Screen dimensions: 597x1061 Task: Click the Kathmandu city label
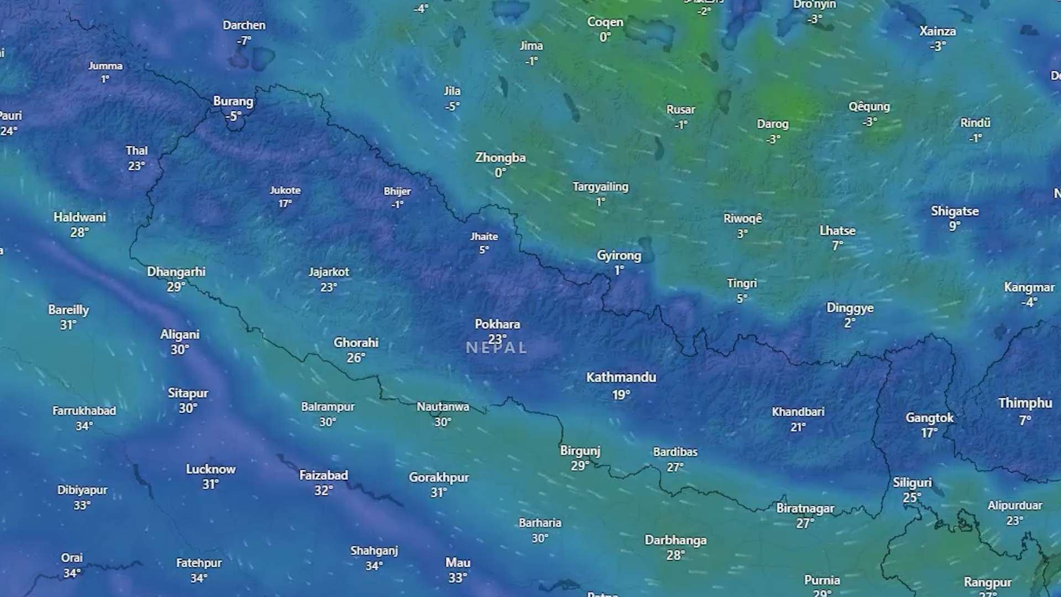[x=621, y=378]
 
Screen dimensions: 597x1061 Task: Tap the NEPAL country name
[x=496, y=348]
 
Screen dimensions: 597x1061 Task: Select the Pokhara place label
[x=497, y=324]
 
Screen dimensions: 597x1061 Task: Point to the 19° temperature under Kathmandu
[x=621, y=395]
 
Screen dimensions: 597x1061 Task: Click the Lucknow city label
[x=211, y=469]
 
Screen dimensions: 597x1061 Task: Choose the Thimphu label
[x=1025, y=403]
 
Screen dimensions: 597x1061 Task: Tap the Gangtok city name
[x=929, y=418]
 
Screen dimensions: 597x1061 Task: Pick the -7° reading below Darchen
[x=244, y=40]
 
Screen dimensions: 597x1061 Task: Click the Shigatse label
[x=954, y=211]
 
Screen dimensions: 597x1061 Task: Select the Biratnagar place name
[x=805, y=509]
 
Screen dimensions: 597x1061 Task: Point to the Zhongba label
[x=500, y=158]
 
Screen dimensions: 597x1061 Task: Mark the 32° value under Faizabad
[x=323, y=490]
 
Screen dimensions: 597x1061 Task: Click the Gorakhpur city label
[x=439, y=478]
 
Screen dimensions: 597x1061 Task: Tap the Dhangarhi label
[x=176, y=272]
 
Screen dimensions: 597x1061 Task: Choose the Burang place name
[x=233, y=102]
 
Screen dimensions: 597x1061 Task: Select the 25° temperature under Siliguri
[x=911, y=498]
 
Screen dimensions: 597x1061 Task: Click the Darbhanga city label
[x=675, y=540]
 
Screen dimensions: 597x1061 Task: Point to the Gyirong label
[x=619, y=255]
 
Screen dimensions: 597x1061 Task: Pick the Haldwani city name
[x=80, y=217]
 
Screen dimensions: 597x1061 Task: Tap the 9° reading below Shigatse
[x=954, y=226]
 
